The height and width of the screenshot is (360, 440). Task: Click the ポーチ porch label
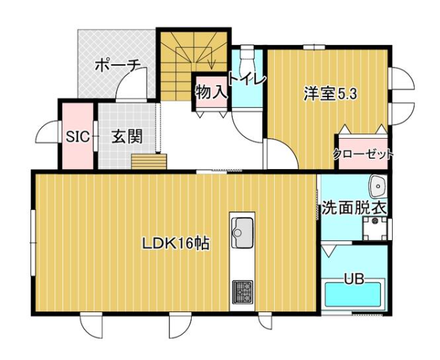[118, 66]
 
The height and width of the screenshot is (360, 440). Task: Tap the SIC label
[78, 137]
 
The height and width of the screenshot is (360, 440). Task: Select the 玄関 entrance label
[128, 137]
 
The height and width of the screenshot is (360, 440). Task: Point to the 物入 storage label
[211, 92]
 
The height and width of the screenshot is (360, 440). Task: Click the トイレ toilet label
[246, 79]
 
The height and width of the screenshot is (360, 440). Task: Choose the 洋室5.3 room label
[330, 94]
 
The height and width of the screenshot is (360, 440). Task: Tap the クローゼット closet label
[363, 154]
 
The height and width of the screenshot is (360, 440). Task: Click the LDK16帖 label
[176, 244]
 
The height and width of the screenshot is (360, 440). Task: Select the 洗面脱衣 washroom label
[354, 208]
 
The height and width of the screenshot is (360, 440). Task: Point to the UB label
[354, 279]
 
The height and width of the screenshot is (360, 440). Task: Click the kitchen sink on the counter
[242, 232]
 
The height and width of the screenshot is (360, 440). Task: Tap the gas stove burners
[242, 292]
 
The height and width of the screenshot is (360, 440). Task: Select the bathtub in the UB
[353, 294]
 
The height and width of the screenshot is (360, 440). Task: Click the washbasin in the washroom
[378, 186]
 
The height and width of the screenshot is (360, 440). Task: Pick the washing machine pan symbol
[374, 228]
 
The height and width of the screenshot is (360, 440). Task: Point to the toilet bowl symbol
[248, 58]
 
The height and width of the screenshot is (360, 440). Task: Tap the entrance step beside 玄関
[149, 161]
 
